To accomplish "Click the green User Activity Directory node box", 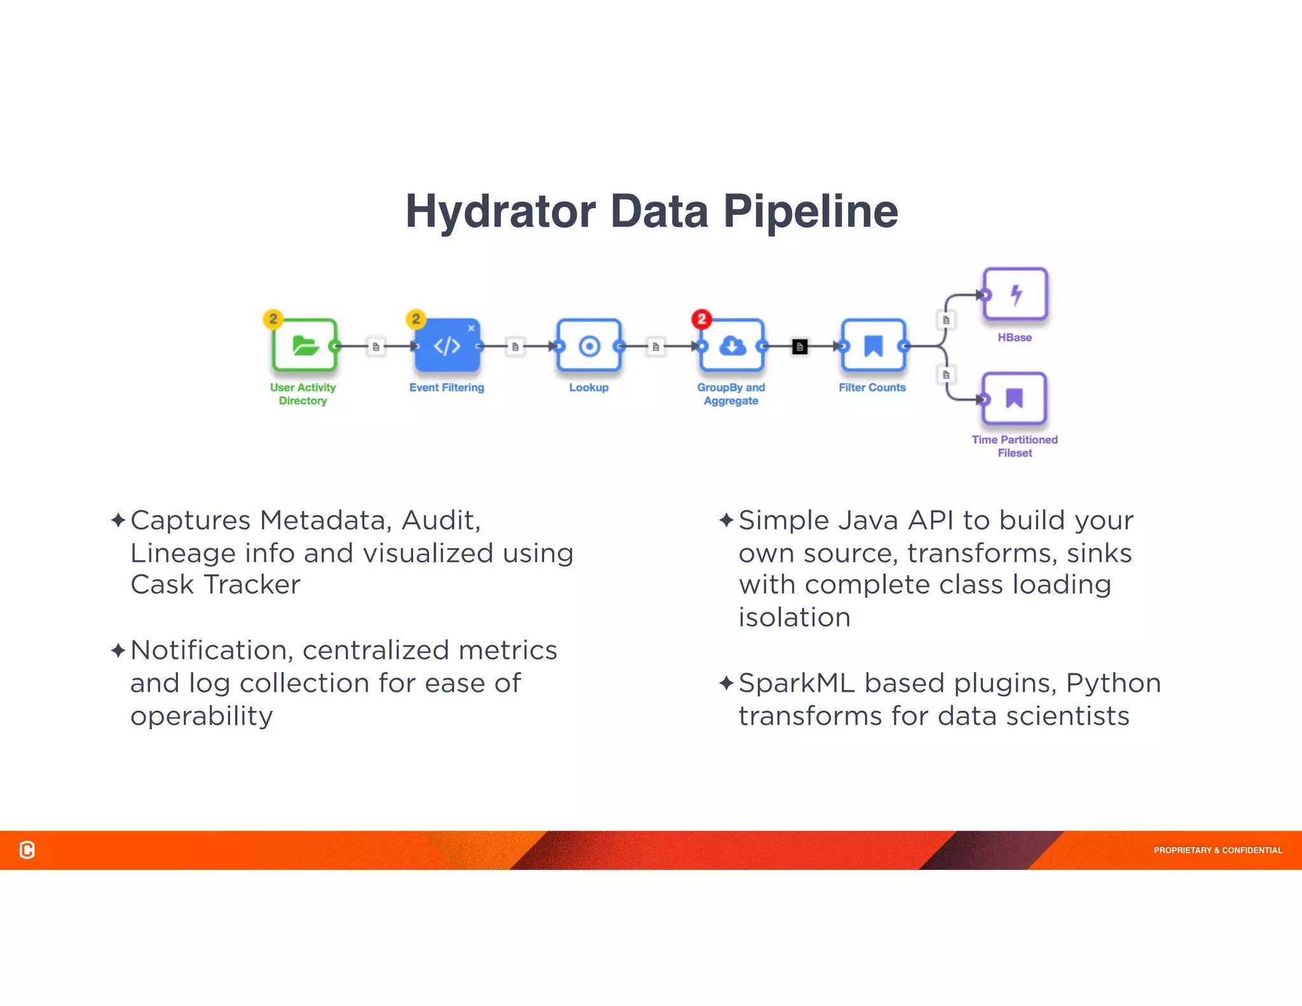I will click(305, 345).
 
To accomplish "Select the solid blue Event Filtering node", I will click(447, 345).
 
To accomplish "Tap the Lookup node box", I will click(589, 345).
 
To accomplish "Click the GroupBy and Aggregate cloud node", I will click(732, 345).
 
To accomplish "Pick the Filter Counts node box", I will click(873, 345).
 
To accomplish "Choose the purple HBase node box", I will click(1015, 294).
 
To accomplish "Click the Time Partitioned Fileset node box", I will click(1014, 398).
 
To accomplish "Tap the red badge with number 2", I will click(701, 319).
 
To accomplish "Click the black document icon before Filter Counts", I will click(800, 347).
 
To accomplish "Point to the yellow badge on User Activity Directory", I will click(273, 319).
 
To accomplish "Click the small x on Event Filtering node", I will click(471, 328).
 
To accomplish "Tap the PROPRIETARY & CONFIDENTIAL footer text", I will click(1217, 850).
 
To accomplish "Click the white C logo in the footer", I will click(27, 850).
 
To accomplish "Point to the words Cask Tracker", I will click(215, 584).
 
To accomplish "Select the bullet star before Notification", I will click(118, 650).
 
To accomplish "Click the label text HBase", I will click(1014, 337).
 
